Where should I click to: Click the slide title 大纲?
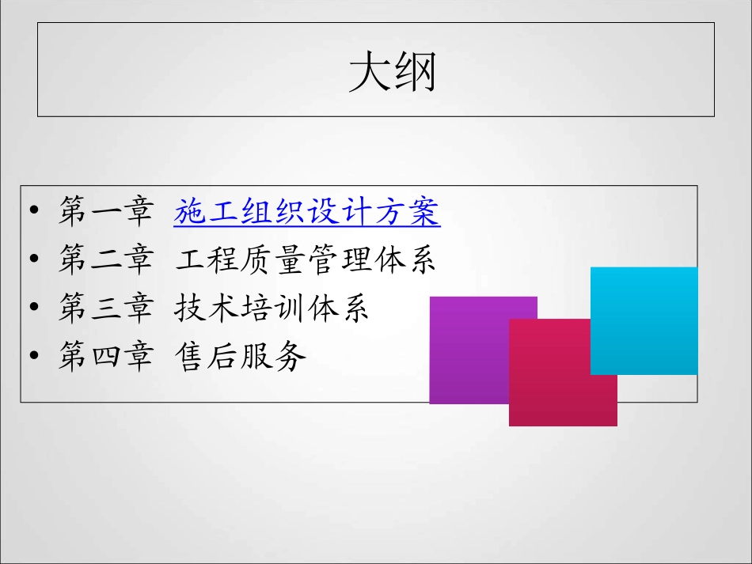coord(393,73)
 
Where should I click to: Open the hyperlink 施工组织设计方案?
coord(307,212)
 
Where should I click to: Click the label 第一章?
coord(105,212)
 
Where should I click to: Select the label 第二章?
coord(105,261)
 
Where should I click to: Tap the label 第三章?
coord(105,309)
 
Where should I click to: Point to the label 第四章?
coord(105,358)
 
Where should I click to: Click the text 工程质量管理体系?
coord(306,261)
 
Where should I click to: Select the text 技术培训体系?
coord(272,309)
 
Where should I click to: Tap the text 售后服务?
coord(240,358)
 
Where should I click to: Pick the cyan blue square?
coord(644,320)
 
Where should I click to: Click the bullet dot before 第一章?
coord(33,213)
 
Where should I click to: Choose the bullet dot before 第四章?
coord(33,358)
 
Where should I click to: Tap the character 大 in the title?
coord(370,73)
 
